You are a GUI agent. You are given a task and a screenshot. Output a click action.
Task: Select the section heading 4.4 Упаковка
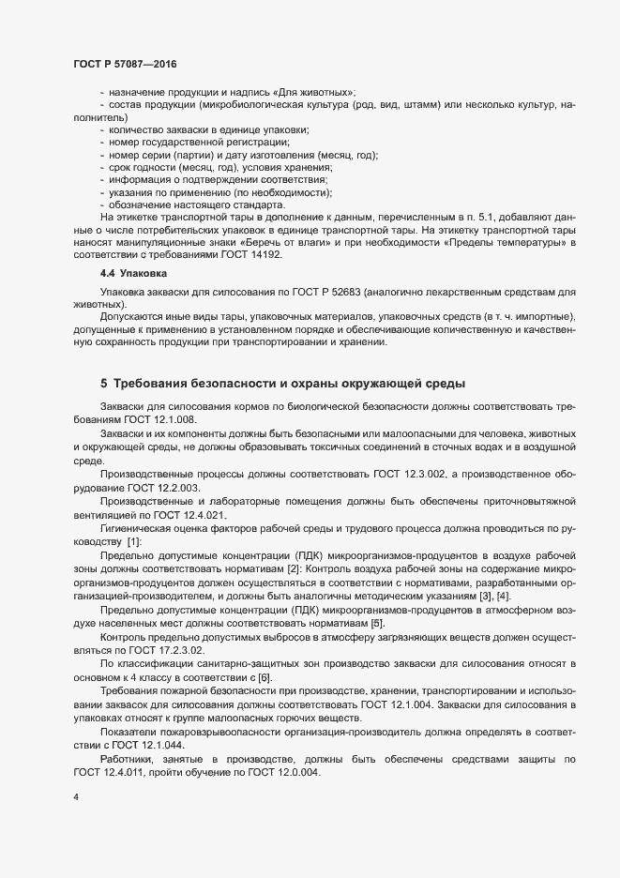point(133,274)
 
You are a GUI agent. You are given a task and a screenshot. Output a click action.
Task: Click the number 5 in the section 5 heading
point(104,384)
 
